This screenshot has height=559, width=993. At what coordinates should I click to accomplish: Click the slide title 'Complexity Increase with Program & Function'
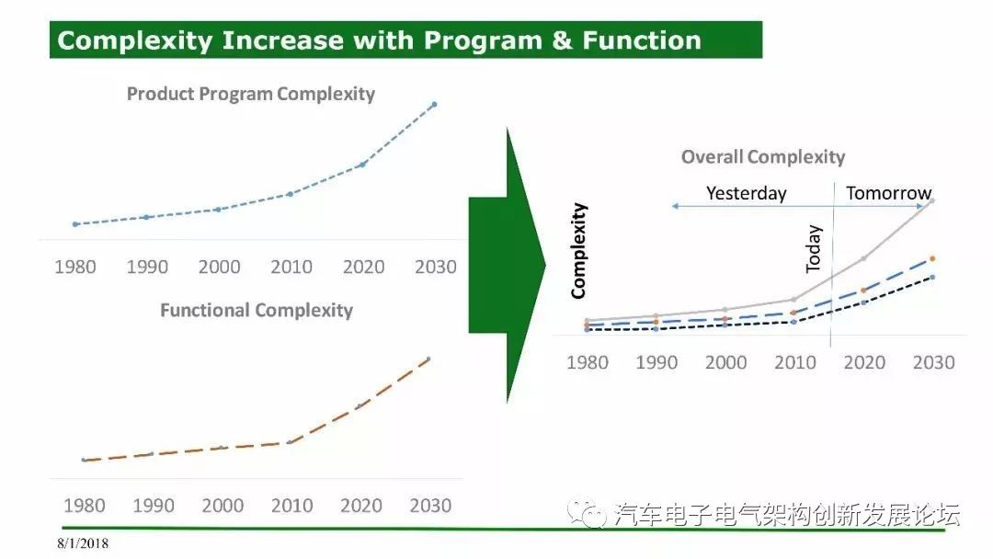379,40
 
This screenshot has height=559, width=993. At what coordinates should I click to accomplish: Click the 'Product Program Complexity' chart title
251,94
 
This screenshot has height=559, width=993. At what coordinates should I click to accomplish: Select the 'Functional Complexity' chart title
257,310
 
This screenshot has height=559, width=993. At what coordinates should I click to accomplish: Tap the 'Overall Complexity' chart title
763,157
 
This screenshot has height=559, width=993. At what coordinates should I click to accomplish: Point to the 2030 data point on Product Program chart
434,104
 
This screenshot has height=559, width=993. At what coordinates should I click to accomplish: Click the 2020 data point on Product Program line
363,165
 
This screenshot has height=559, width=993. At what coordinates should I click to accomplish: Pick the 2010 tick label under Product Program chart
291,267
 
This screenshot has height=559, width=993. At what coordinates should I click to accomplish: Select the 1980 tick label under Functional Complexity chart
85,505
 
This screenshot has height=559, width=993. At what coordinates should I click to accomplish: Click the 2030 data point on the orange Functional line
428,359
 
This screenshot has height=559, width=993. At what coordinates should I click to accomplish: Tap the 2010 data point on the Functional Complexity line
290,442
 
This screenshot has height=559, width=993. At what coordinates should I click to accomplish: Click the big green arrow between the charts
507,266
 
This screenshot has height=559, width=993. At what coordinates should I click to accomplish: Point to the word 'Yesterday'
746,193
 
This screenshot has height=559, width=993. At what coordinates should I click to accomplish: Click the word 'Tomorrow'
888,192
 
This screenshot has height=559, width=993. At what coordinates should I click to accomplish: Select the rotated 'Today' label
813,249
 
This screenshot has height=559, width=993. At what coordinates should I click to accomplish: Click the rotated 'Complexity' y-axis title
579,251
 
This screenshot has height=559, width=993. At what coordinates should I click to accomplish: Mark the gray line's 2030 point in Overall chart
931,200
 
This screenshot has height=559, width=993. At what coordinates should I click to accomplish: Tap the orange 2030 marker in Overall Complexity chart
932,258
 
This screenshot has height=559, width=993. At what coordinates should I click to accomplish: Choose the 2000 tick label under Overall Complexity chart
725,362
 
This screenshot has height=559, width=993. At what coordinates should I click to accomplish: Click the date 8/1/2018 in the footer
83,543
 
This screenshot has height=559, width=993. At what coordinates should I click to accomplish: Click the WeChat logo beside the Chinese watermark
587,512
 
